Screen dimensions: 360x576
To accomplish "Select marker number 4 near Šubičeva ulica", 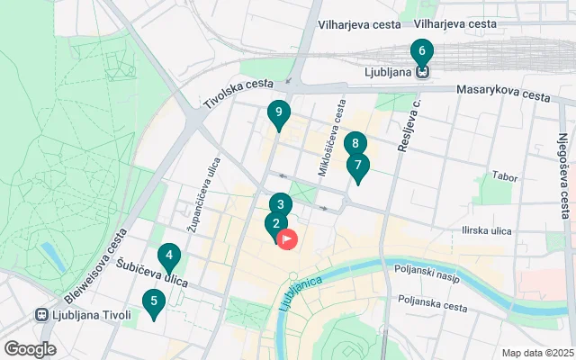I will (x=166, y=256).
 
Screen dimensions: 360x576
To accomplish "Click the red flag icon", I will (x=288, y=239).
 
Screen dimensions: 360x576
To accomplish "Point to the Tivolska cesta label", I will (x=238, y=94).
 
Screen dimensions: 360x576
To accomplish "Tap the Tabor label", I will (x=505, y=177).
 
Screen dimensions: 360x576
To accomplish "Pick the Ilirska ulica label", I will (x=487, y=231).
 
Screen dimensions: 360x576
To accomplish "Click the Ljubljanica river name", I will (x=300, y=292).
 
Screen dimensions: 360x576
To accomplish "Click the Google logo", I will (x=30, y=349).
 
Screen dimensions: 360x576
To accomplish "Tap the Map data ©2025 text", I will (x=536, y=353).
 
